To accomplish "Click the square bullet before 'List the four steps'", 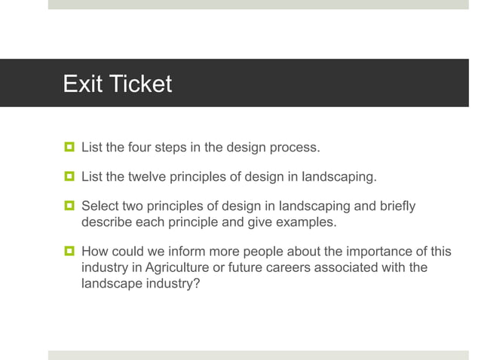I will [69, 147].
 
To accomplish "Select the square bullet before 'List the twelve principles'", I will [69, 177].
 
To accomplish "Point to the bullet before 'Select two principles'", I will [69, 206].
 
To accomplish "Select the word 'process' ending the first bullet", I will [297, 147].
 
